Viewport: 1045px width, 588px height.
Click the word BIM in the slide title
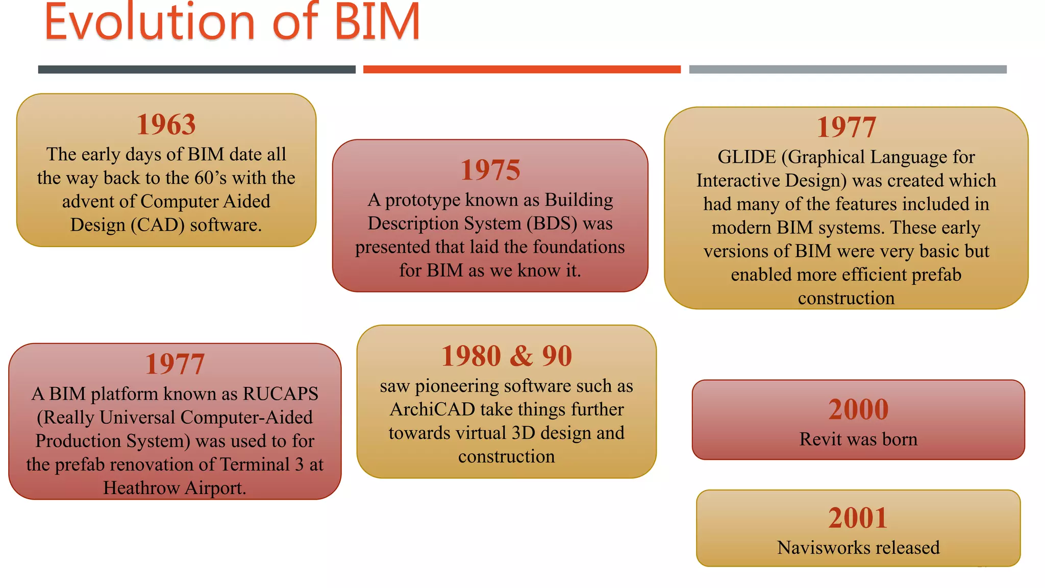377,22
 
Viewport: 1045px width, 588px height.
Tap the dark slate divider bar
196,69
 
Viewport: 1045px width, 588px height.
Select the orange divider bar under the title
521,69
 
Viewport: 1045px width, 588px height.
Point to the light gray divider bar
848,69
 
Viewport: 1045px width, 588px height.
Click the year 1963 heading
166,125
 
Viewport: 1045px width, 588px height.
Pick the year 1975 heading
490,170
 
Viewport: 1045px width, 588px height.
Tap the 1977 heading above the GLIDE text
846,128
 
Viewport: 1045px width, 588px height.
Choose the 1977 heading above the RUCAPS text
175,364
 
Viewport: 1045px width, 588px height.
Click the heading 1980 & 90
506,356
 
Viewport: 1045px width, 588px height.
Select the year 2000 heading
858,409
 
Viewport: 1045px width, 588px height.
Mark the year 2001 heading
858,518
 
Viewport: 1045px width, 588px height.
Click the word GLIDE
747,157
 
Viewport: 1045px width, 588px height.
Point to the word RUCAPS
281,394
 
